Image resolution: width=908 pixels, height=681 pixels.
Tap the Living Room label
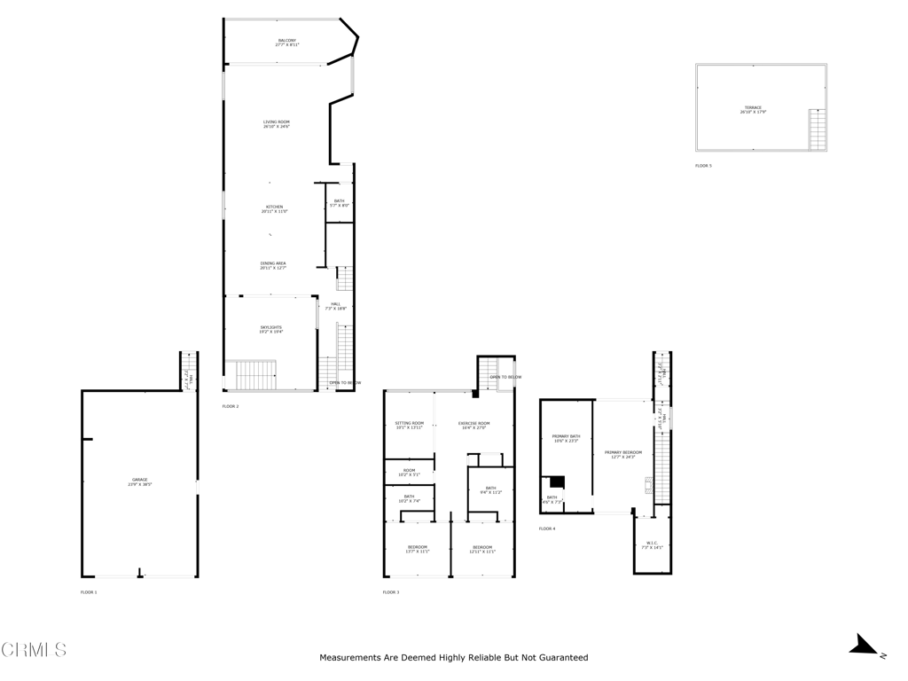[x=276, y=124]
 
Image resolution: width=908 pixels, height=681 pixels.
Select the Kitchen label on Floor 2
[x=274, y=208]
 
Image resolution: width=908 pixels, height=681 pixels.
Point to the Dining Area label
[x=273, y=265]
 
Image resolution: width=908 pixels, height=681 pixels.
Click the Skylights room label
[x=270, y=329]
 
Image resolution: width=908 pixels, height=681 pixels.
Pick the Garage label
[x=140, y=481]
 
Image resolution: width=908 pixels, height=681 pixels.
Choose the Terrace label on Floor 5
[x=753, y=110]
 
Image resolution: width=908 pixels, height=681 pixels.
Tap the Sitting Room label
[x=410, y=425]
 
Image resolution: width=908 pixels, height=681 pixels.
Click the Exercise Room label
[x=474, y=425]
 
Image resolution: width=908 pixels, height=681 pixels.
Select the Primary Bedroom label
[x=623, y=454]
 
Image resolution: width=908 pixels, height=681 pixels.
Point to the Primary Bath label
[x=566, y=438]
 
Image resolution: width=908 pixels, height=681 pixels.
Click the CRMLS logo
[x=34, y=650]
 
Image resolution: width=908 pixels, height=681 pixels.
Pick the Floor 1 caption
[x=89, y=591]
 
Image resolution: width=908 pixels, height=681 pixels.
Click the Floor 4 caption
[x=547, y=528]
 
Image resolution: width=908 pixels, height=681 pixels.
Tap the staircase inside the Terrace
[x=817, y=129]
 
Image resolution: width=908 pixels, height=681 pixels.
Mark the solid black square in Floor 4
[x=557, y=481]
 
